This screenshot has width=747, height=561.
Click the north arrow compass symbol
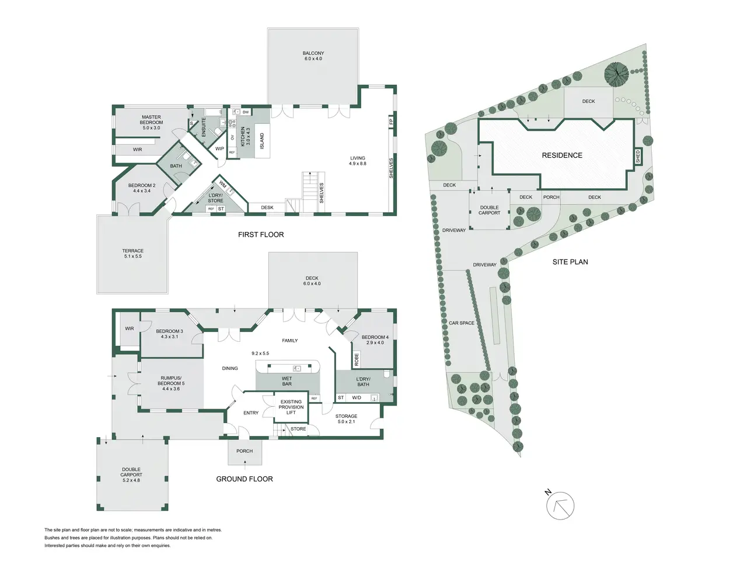pos(560,505)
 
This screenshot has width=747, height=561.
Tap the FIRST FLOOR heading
pos(261,235)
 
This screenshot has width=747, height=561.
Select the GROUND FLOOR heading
pos(245,479)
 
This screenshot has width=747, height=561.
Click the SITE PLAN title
pos(570,262)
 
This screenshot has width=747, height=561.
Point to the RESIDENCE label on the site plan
pos(562,155)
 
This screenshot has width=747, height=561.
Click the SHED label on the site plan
pos(638,157)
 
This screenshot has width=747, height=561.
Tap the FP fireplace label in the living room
pos(390,121)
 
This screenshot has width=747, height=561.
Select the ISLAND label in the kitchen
pos(262,141)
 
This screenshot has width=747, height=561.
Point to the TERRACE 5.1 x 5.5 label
pos(132,254)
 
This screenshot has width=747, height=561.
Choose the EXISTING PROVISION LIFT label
pos(291,407)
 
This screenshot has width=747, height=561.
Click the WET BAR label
pos(287,381)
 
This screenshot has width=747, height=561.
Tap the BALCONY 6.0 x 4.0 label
pos(313,56)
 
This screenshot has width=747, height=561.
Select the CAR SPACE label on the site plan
pos(462,323)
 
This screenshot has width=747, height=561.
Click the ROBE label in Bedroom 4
pos(357,360)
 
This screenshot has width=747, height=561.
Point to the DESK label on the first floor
pos(267,207)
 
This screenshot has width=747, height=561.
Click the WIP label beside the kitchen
pos(219,148)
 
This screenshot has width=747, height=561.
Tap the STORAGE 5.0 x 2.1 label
pos(346,418)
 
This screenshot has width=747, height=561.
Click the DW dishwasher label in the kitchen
pos(245,112)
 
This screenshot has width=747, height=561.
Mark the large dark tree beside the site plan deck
pos(616,73)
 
